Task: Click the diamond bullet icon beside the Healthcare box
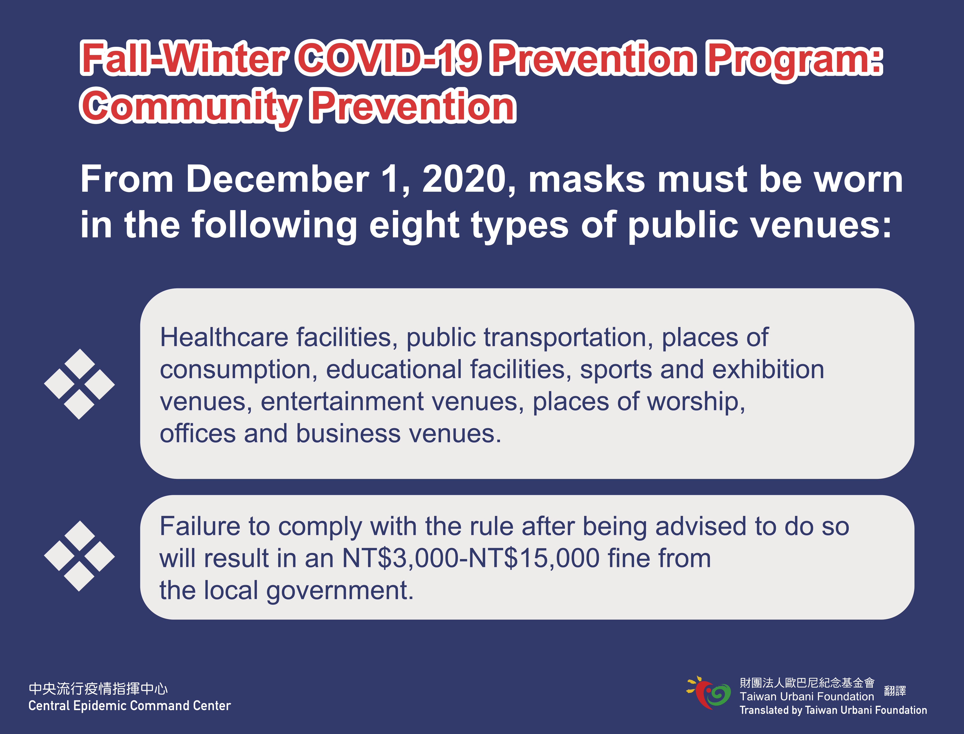(79, 384)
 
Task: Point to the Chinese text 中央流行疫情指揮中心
(98, 689)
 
